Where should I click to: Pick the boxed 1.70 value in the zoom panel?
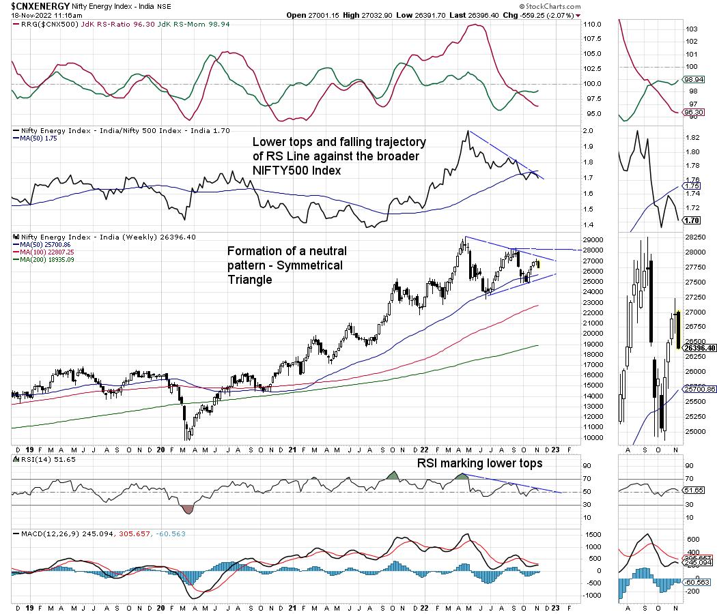[x=692, y=220]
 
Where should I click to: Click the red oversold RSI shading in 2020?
[x=187, y=509]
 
